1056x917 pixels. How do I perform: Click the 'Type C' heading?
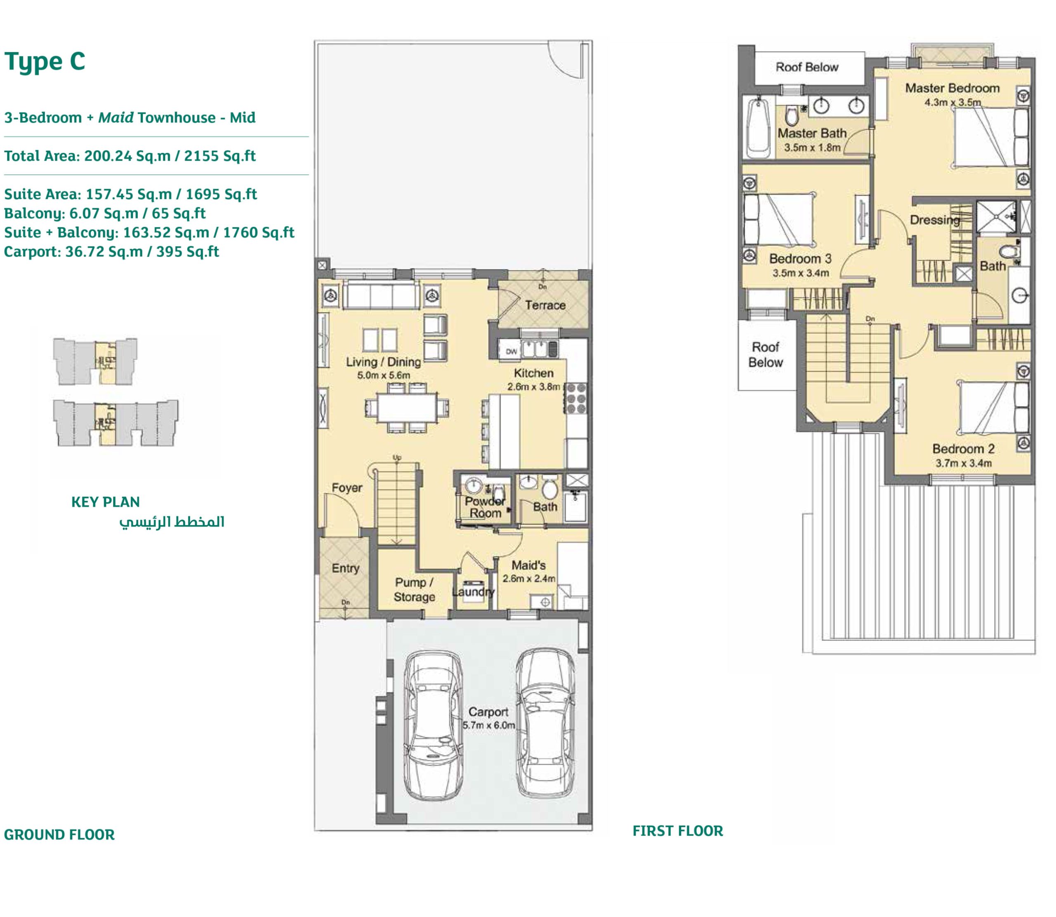click(x=45, y=62)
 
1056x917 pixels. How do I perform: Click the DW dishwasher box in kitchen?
click(x=511, y=351)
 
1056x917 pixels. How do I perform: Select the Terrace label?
click(x=545, y=305)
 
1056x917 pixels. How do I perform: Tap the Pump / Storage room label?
click(x=414, y=589)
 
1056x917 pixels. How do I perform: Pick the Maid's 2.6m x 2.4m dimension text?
click(x=528, y=578)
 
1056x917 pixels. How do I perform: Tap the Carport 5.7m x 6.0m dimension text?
click(x=488, y=725)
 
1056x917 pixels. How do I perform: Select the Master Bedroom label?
click(x=952, y=88)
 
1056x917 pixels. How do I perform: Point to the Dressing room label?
click(x=935, y=220)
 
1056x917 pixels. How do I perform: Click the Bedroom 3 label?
click(x=800, y=258)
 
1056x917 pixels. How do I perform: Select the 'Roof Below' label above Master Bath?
click(x=806, y=67)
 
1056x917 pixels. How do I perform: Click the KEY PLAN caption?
click(x=106, y=502)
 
